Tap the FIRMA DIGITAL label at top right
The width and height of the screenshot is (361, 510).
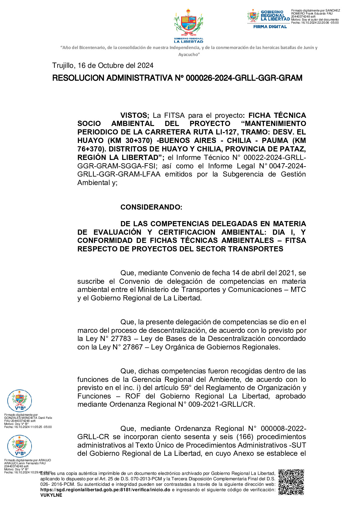(x=270, y=27)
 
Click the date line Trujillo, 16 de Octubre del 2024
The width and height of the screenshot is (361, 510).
(x=103, y=65)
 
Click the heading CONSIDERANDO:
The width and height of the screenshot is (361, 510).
(x=151, y=207)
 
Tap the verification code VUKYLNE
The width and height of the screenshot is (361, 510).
(x=51, y=495)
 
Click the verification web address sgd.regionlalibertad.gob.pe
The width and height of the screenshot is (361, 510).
(x=105, y=490)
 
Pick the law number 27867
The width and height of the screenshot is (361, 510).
(x=133, y=347)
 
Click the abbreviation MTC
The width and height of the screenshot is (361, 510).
(x=298, y=290)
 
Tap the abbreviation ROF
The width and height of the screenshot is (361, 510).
(x=133, y=396)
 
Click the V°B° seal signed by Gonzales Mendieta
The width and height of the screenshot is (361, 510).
(x=19, y=401)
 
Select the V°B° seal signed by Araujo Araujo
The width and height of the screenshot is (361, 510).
(x=19, y=446)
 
